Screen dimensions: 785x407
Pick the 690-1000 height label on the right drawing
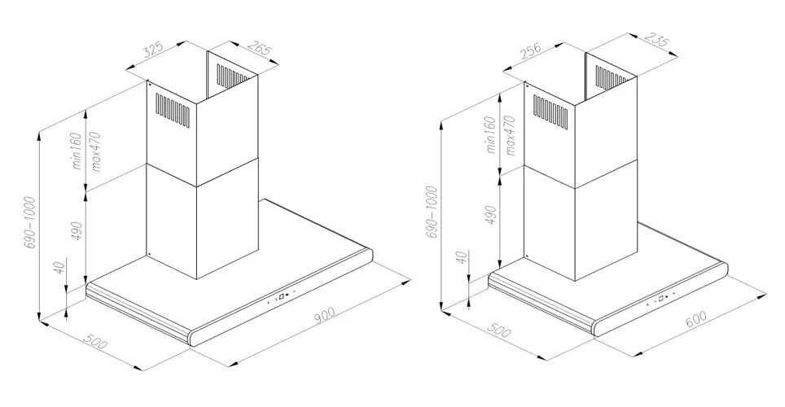pyautogui.click(x=432, y=214)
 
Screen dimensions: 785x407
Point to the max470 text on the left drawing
pyautogui.click(x=97, y=151)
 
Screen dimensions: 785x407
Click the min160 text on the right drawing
pyautogui.click(x=490, y=135)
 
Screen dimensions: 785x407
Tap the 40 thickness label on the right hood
pyautogui.click(x=461, y=258)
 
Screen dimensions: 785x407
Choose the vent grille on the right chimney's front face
pyautogui.click(x=551, y=106)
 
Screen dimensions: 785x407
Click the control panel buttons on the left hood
pyautogui.click(x=281, y=298)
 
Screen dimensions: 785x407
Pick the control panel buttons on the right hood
pyautogui.click(x=661, y=299)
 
